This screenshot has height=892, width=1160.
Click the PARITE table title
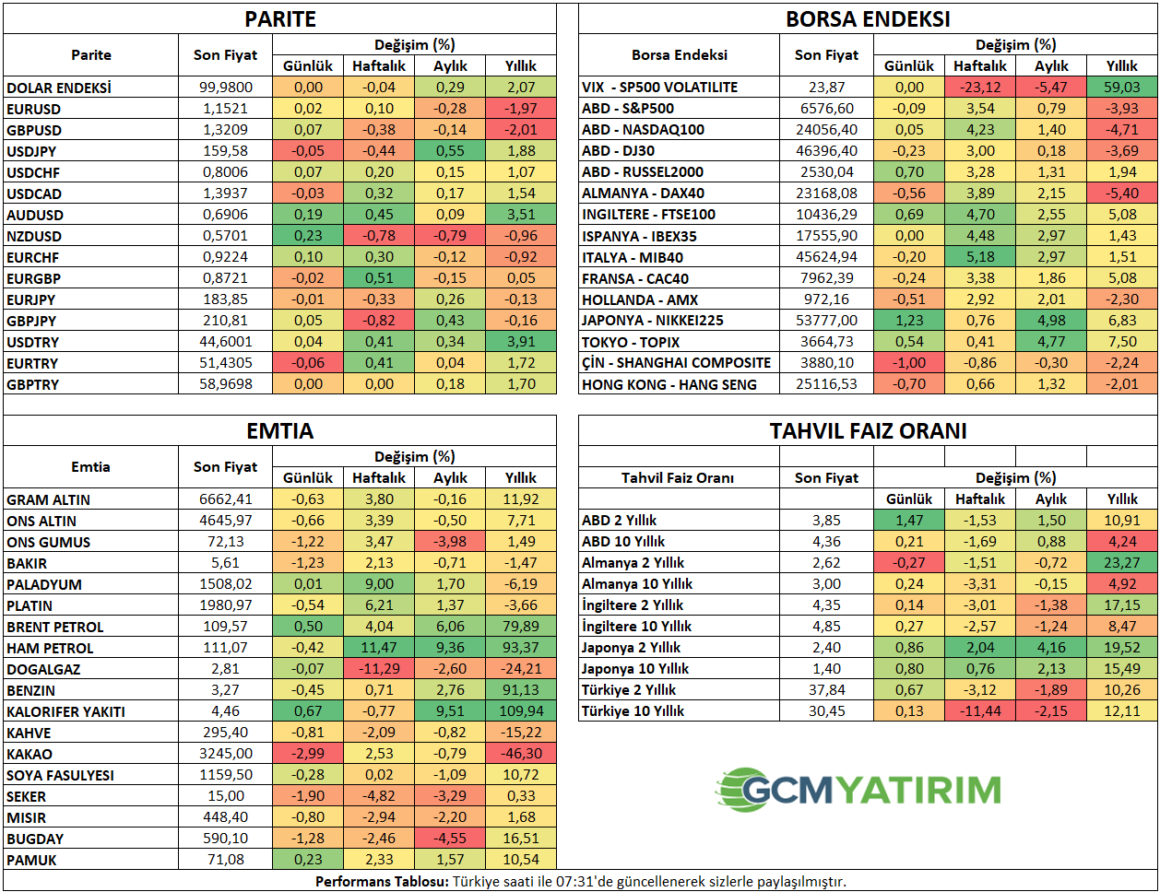[279, 19]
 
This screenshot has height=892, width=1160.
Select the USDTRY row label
[33, 342]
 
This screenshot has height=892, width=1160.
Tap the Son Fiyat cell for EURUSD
[226, 109]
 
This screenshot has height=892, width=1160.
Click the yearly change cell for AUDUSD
[521, 215]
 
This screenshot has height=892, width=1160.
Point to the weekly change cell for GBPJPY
[379, 321]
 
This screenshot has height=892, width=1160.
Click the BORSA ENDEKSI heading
[868, 19]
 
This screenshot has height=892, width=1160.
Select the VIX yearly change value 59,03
[1122, 87]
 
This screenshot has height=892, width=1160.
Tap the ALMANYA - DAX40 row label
[641, 194]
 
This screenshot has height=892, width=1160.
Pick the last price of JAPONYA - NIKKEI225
[825, 321]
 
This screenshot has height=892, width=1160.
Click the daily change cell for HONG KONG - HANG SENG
[909, 384]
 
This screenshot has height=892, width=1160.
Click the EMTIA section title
[279, 431]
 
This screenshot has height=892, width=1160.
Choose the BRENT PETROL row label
[55, 627]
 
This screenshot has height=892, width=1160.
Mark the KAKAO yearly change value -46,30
[521, 754]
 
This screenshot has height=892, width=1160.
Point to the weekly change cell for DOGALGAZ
[379, 669]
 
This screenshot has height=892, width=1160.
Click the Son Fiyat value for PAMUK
[226, 860]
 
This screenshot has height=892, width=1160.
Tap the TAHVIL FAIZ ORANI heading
[868, 431]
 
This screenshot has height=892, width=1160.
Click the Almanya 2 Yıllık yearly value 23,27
[1122, 562]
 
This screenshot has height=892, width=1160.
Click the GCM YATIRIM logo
[858, 790]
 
